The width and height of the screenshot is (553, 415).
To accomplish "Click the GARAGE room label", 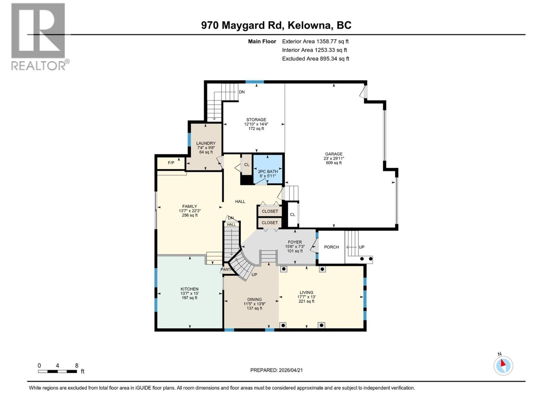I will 334,154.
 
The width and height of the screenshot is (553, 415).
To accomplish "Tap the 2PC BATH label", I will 268,172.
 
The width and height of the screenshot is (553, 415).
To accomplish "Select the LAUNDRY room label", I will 206,143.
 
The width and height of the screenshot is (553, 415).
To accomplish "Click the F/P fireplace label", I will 171,163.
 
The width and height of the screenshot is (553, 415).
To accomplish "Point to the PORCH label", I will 331,247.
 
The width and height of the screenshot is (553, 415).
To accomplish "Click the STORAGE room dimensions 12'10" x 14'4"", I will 256,124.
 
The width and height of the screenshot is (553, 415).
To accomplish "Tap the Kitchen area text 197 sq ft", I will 189,298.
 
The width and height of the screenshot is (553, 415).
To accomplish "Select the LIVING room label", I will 306,292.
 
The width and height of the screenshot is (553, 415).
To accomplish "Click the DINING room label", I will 254,299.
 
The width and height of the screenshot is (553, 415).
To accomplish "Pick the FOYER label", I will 294,242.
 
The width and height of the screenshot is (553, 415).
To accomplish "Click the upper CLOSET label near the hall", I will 270,211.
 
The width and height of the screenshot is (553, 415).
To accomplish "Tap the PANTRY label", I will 227,269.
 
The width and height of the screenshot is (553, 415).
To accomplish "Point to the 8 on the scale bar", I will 77,366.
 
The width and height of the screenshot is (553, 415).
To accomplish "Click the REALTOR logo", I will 39,36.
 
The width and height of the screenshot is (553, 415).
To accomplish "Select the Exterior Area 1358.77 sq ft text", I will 315,41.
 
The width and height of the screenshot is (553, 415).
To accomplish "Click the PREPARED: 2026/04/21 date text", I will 276,370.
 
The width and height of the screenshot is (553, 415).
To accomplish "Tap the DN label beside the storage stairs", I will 242,92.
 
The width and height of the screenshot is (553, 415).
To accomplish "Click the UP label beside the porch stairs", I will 362,247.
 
